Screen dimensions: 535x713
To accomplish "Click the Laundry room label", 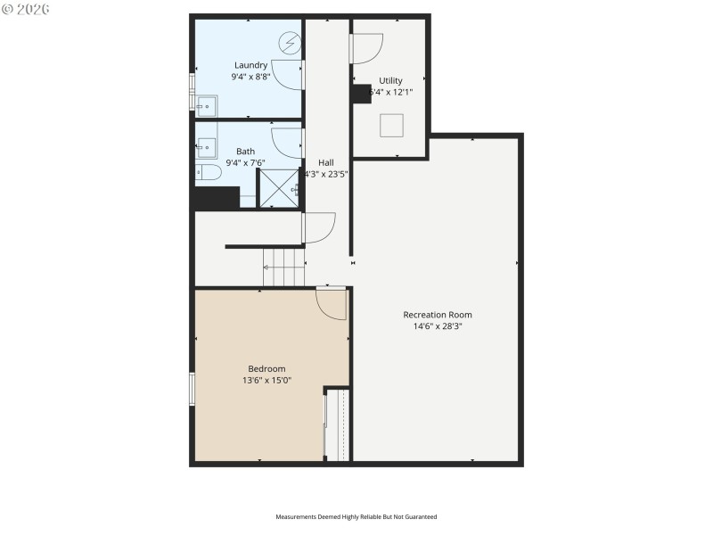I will point(250,65).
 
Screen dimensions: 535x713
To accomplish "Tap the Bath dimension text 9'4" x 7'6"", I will point(245,163).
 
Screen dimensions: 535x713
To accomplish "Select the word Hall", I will point(326,162).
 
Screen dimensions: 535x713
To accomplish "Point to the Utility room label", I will point(390,80).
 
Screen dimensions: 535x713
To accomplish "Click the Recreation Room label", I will point(437,315).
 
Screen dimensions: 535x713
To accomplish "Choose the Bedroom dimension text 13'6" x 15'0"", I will point(266,381).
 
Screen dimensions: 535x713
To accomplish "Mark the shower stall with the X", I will point(279,188).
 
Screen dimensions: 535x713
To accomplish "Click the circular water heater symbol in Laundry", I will point(291,42).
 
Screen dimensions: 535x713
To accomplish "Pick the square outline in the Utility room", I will point(392,126).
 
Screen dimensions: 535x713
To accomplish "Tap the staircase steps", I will point(284,267).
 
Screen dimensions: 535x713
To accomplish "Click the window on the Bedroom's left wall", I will point(192,389).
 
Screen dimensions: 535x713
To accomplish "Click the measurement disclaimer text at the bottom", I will point(356,516).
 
